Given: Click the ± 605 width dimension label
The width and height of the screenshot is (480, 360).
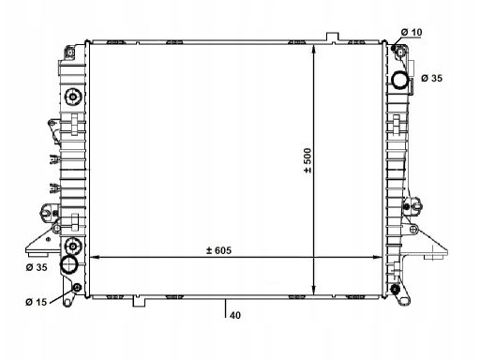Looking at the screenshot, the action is [x=218, y=250].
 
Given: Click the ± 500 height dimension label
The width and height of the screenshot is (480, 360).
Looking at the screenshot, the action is [x=307, y=160].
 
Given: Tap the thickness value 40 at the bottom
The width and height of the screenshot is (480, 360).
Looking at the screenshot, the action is [x=235, y=315].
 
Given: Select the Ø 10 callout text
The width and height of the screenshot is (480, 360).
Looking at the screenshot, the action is [x=412, y=32].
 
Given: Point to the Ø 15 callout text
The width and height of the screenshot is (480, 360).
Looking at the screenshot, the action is [x=37, y=302].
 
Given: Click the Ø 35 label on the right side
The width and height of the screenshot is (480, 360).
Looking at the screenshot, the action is [x=431, y=78].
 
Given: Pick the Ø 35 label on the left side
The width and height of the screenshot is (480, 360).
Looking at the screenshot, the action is [x=37, y=267].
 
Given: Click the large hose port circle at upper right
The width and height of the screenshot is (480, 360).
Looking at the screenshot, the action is [x=400, y=81].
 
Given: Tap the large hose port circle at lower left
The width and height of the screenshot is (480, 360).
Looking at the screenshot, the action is [x=69, y=264].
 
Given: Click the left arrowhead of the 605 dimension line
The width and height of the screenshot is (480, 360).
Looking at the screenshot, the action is [x=94, y=257].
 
